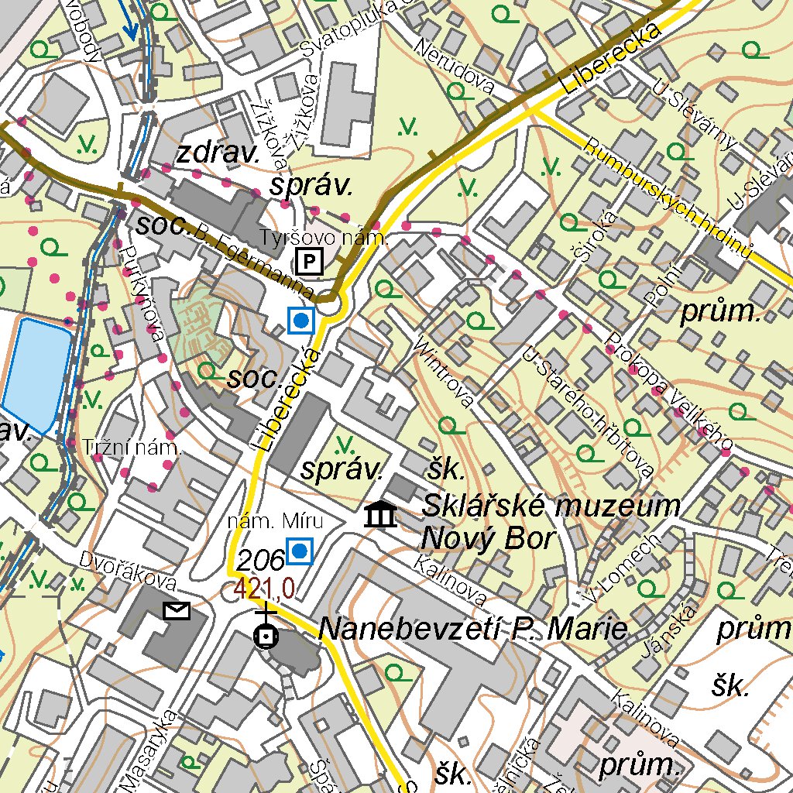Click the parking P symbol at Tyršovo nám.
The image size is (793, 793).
(310, 263)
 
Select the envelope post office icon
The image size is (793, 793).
(177, 611)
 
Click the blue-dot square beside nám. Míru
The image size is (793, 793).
(299, 551)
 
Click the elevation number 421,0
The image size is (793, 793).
(265, 589)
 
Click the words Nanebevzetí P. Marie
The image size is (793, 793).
(472, 630)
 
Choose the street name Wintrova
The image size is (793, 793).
(444, 371)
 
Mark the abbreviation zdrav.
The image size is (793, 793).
(218, 153)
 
